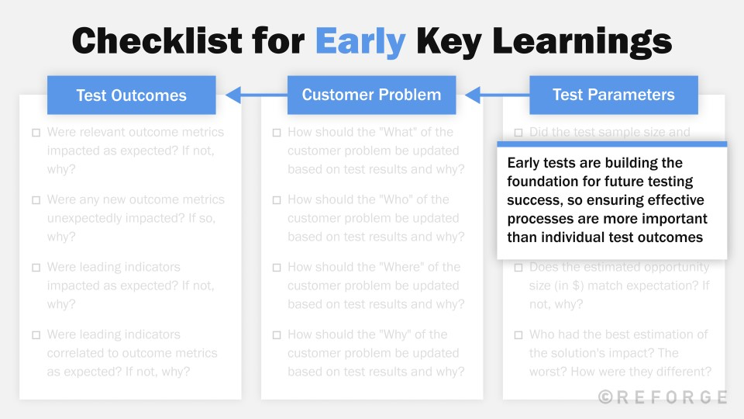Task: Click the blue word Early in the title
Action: tap(360, 40)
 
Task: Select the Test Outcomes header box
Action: tap(131, 95)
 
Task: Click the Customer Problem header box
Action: tap(371, 95)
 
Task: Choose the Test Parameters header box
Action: tap(613, 95)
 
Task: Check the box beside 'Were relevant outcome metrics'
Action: tap(36, 133)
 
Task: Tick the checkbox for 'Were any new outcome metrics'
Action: tap(36, 200)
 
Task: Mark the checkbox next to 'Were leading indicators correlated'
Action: tap(36, 335)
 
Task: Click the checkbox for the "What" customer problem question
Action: tap(277, 133)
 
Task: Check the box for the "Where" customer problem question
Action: tap(277, 268)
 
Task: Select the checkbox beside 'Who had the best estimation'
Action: tap(518, 335)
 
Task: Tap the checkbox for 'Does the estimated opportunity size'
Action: tap(518, 268)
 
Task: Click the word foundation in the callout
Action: tap(542, 182)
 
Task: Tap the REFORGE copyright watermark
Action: tap(663, 397)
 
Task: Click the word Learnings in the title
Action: tap(591, 40)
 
